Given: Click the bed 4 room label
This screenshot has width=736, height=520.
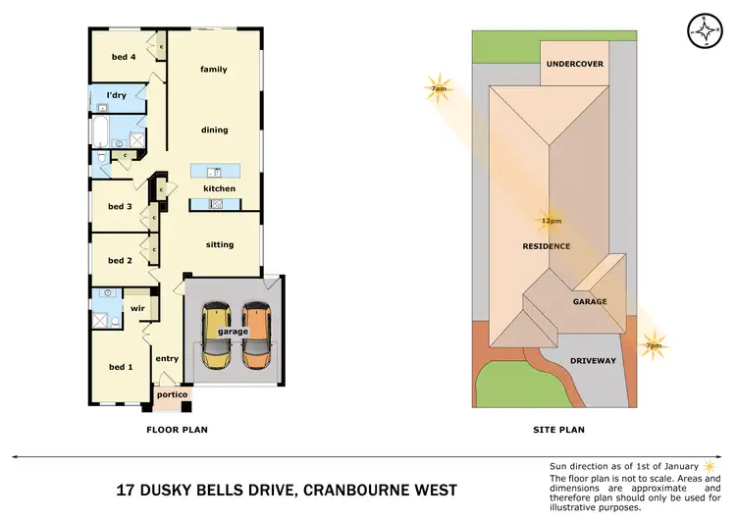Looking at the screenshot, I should point(123,57).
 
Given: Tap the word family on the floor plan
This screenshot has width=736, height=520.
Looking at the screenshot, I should point(214,70).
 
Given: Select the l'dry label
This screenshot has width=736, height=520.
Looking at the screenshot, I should point(117,95).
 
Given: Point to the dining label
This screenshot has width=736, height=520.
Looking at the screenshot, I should point(214,130).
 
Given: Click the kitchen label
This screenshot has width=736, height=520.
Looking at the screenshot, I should point(219,188).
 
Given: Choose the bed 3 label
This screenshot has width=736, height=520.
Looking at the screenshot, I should point(120,207).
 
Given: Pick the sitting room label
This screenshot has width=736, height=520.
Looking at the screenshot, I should point(220,244).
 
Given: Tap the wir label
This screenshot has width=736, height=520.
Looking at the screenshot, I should point(138,308).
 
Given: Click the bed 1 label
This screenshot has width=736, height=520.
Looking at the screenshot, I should point(120,367).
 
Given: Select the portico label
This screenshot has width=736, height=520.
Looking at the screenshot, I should point(172,394).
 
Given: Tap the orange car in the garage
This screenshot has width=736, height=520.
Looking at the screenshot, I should point(256,334).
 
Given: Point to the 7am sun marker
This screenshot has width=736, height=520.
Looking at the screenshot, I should point(439,88).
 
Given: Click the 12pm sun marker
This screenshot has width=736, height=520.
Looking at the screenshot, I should point(549,221).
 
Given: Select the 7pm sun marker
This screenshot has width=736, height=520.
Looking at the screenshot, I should point(653,345).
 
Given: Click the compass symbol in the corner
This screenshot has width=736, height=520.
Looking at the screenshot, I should point(704,29).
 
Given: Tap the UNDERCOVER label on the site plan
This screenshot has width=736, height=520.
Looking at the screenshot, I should point(574,64).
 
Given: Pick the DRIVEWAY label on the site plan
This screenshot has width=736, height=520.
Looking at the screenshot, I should point(593,361).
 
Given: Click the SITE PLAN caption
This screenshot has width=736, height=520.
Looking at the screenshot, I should point(558,430).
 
